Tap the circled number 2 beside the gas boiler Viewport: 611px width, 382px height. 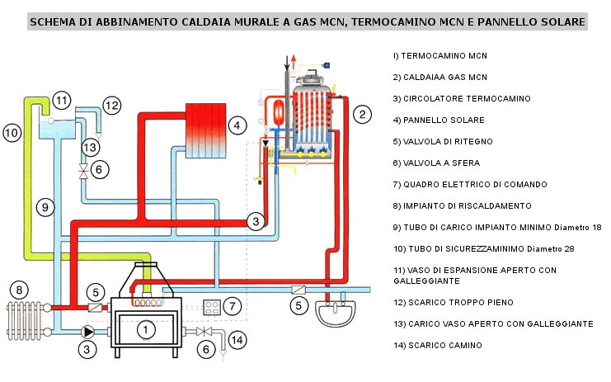point(361,115)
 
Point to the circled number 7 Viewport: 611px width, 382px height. point(233,306)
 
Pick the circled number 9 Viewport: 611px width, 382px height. point(46,206)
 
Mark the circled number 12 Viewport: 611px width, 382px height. point(111,105)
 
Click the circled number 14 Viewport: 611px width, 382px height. point(237,339)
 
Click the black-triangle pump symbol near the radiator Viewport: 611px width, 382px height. point(87,331)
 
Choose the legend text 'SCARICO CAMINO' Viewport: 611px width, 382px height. point(437,346)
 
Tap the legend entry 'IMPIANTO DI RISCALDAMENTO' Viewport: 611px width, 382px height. point(462,205)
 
